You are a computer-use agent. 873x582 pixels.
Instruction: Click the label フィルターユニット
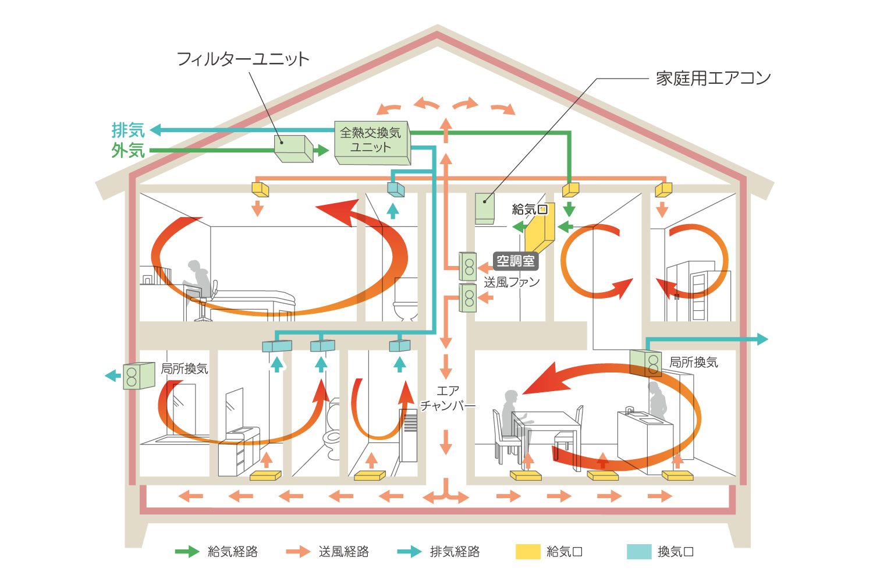coord(243,59)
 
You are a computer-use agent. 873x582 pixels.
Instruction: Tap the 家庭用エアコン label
coord(713,78)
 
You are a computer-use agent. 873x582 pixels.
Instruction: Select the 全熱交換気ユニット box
coord(371,141)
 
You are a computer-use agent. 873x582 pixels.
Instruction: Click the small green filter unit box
coord(293,149)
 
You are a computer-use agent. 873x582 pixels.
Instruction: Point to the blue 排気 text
coord(128,130)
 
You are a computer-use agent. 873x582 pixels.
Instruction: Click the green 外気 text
coord(128,150)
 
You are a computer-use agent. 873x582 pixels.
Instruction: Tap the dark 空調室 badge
coord(516,261)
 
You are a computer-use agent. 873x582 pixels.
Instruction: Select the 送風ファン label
coord(512,282)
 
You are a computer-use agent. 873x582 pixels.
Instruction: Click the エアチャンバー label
coord(448,398)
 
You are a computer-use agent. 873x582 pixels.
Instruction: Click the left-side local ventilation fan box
coord(139,375)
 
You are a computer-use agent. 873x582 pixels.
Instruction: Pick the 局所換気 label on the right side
coord(693,363)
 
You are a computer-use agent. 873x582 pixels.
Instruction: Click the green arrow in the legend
coord(187,552)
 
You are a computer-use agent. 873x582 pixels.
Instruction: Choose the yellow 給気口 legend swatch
coord(528,552)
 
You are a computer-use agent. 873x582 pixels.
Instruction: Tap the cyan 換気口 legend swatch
coord(639,552)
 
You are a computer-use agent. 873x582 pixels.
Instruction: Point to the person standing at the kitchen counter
coord(658,402)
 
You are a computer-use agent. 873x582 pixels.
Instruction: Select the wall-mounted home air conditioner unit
coord(485,208)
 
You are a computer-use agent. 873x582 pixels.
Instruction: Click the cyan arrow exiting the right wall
coord(760,339)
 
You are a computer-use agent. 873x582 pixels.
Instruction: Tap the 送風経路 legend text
coord(343,552)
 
